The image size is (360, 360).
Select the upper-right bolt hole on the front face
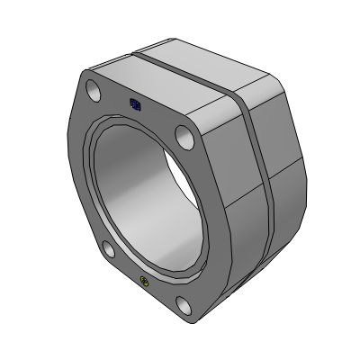tap(184, 139)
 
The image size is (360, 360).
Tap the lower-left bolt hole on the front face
tap(106, 249)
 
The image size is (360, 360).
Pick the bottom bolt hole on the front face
tap(185, 307)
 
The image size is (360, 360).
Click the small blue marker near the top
tap(136, 104)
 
